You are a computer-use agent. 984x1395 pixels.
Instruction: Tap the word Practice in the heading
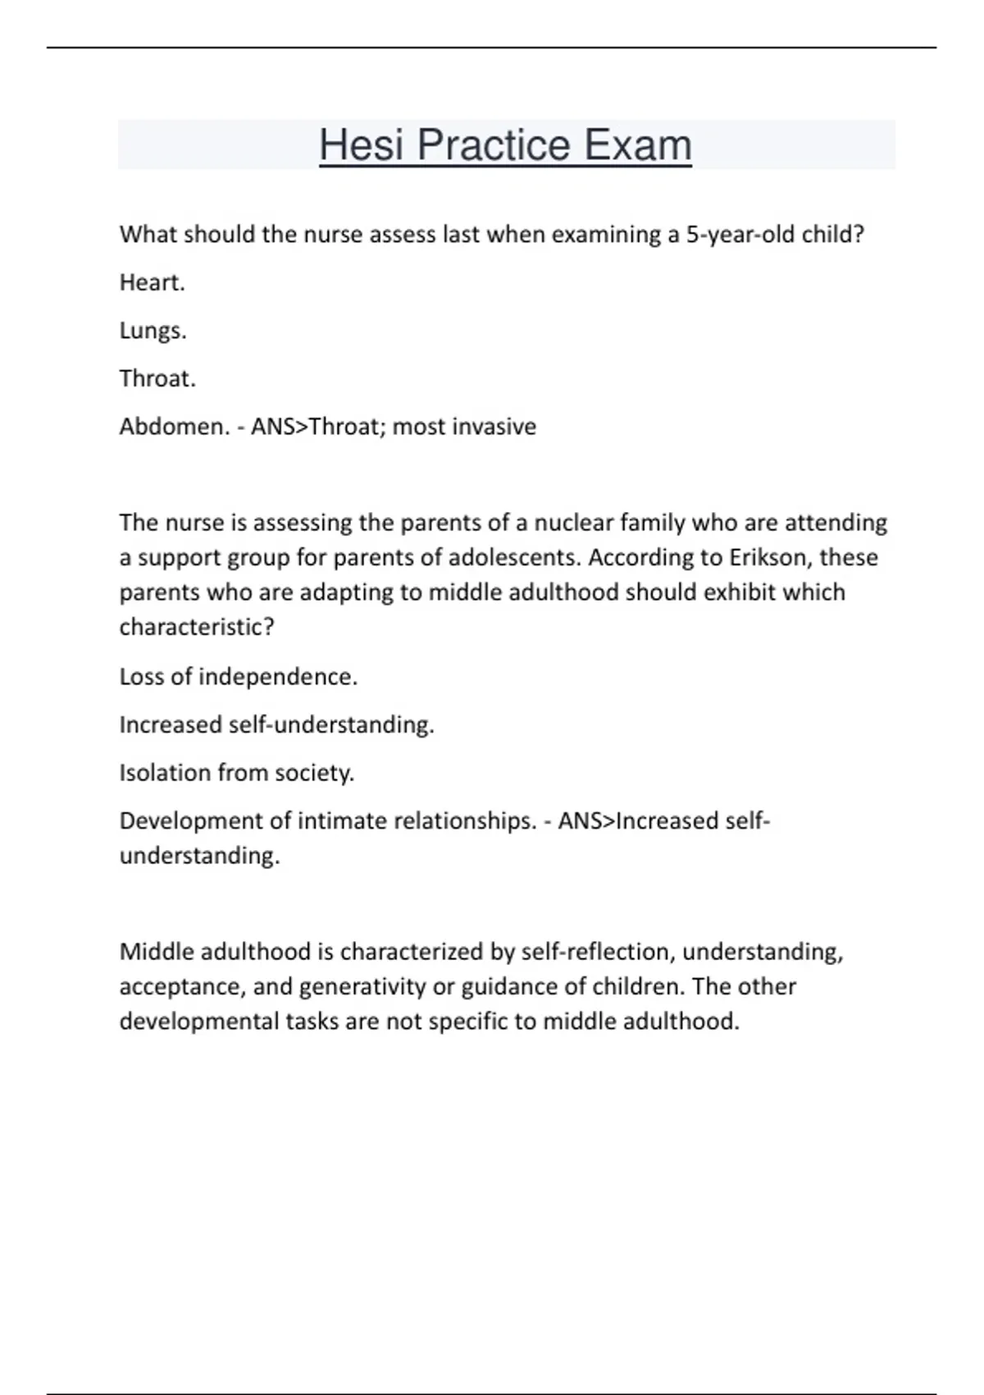(x=494, y=145)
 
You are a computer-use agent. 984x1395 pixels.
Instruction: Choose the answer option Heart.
(x=152, y=282)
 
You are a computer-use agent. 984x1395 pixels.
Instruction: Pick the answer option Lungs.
(x=153, y=331)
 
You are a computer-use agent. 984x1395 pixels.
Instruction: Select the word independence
(x=278, y=677)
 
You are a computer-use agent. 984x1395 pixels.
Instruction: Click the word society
(x=314, y=773)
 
